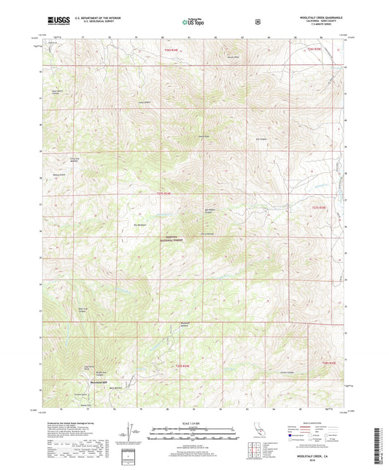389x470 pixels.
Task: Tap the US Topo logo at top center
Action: point(193,23)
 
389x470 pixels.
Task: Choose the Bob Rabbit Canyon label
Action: point(210,211)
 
